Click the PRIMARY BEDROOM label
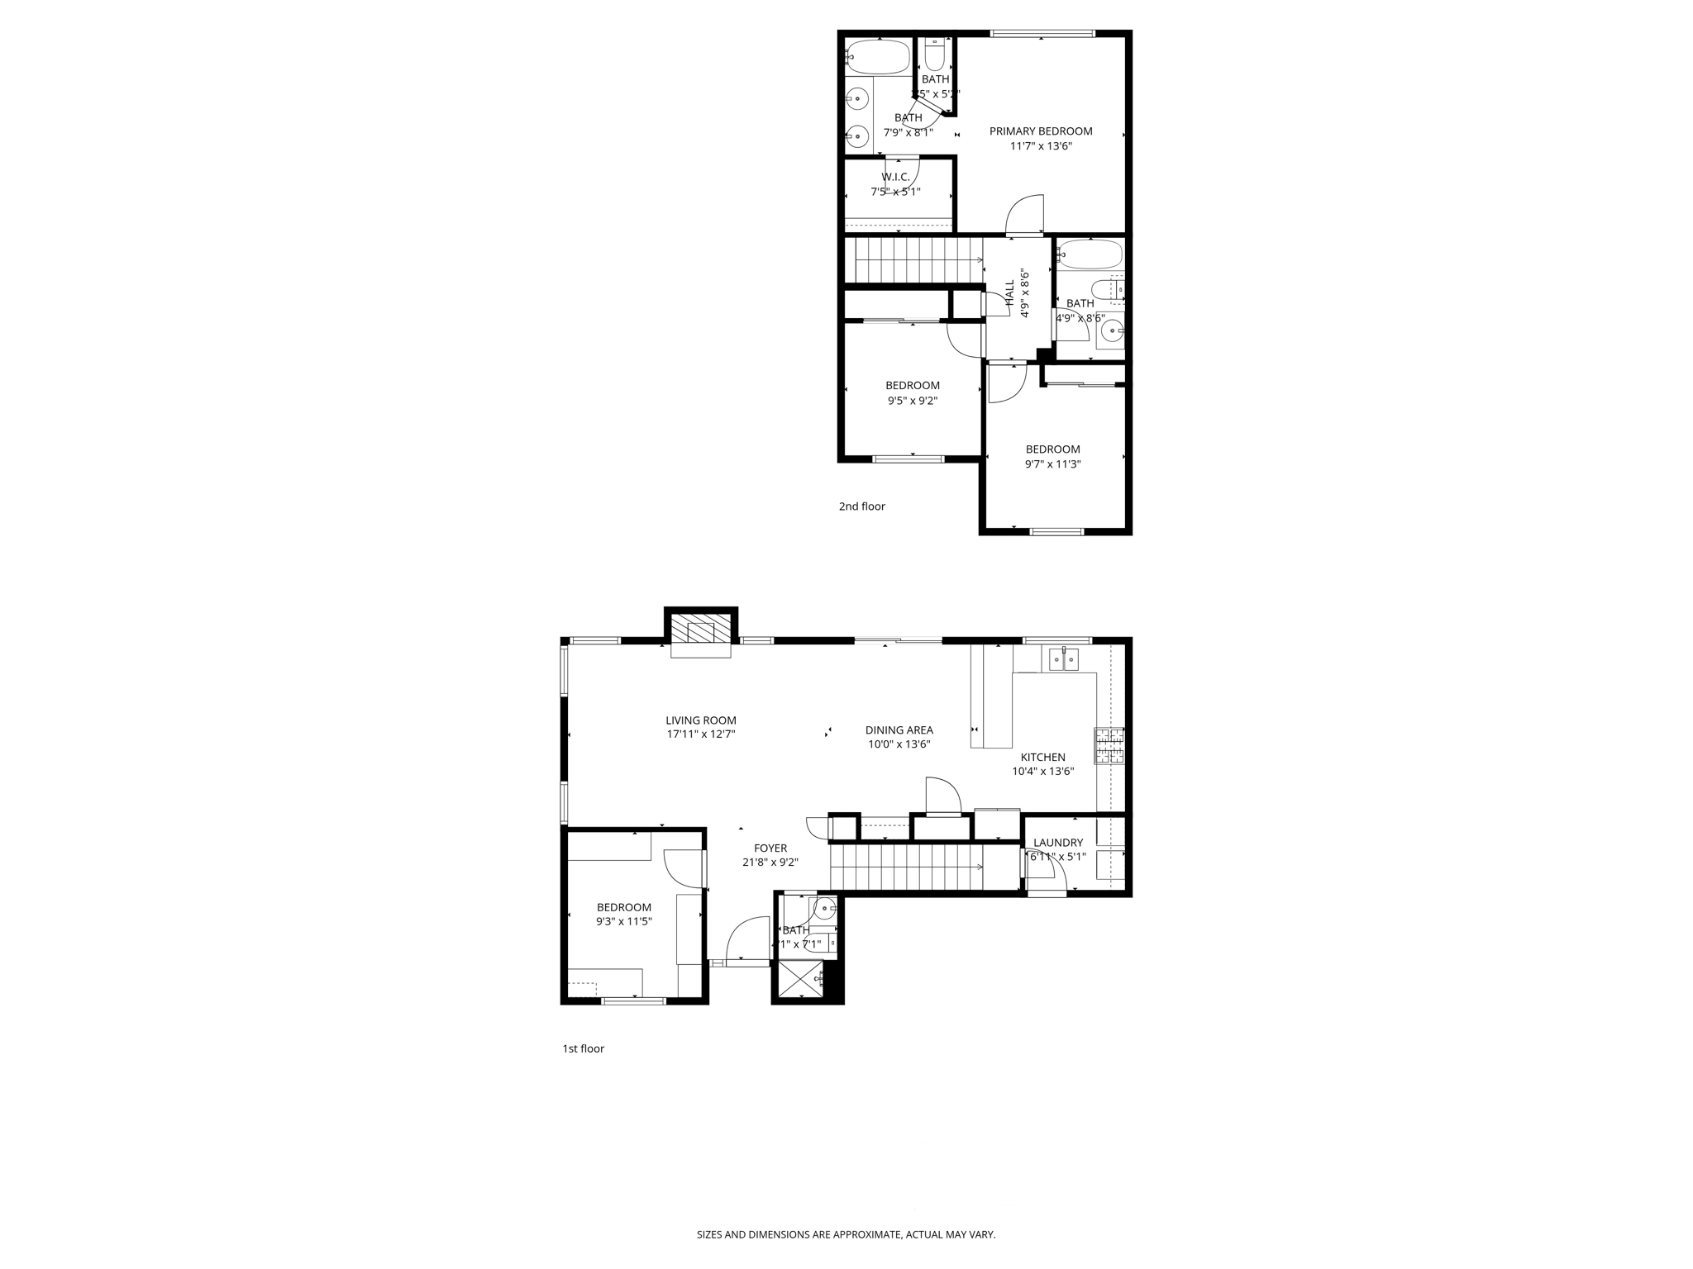point(1041,131)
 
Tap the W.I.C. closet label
point(895,177)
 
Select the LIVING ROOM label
point(701,720)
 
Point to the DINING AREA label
point(899,730)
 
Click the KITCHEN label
point(1042,757)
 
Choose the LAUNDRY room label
point(1057,843)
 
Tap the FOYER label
point(770,848)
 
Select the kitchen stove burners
point(1109,746)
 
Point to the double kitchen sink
point(1064,659)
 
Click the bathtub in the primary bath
point(878,57)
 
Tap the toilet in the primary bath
point(935,55)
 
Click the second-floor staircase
point(913,259)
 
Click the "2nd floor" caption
point(861,506)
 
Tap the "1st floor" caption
point(583,1048)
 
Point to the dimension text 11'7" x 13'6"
point(1041,146)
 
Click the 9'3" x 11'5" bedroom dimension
point(624,921)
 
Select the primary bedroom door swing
point(1025,216)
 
